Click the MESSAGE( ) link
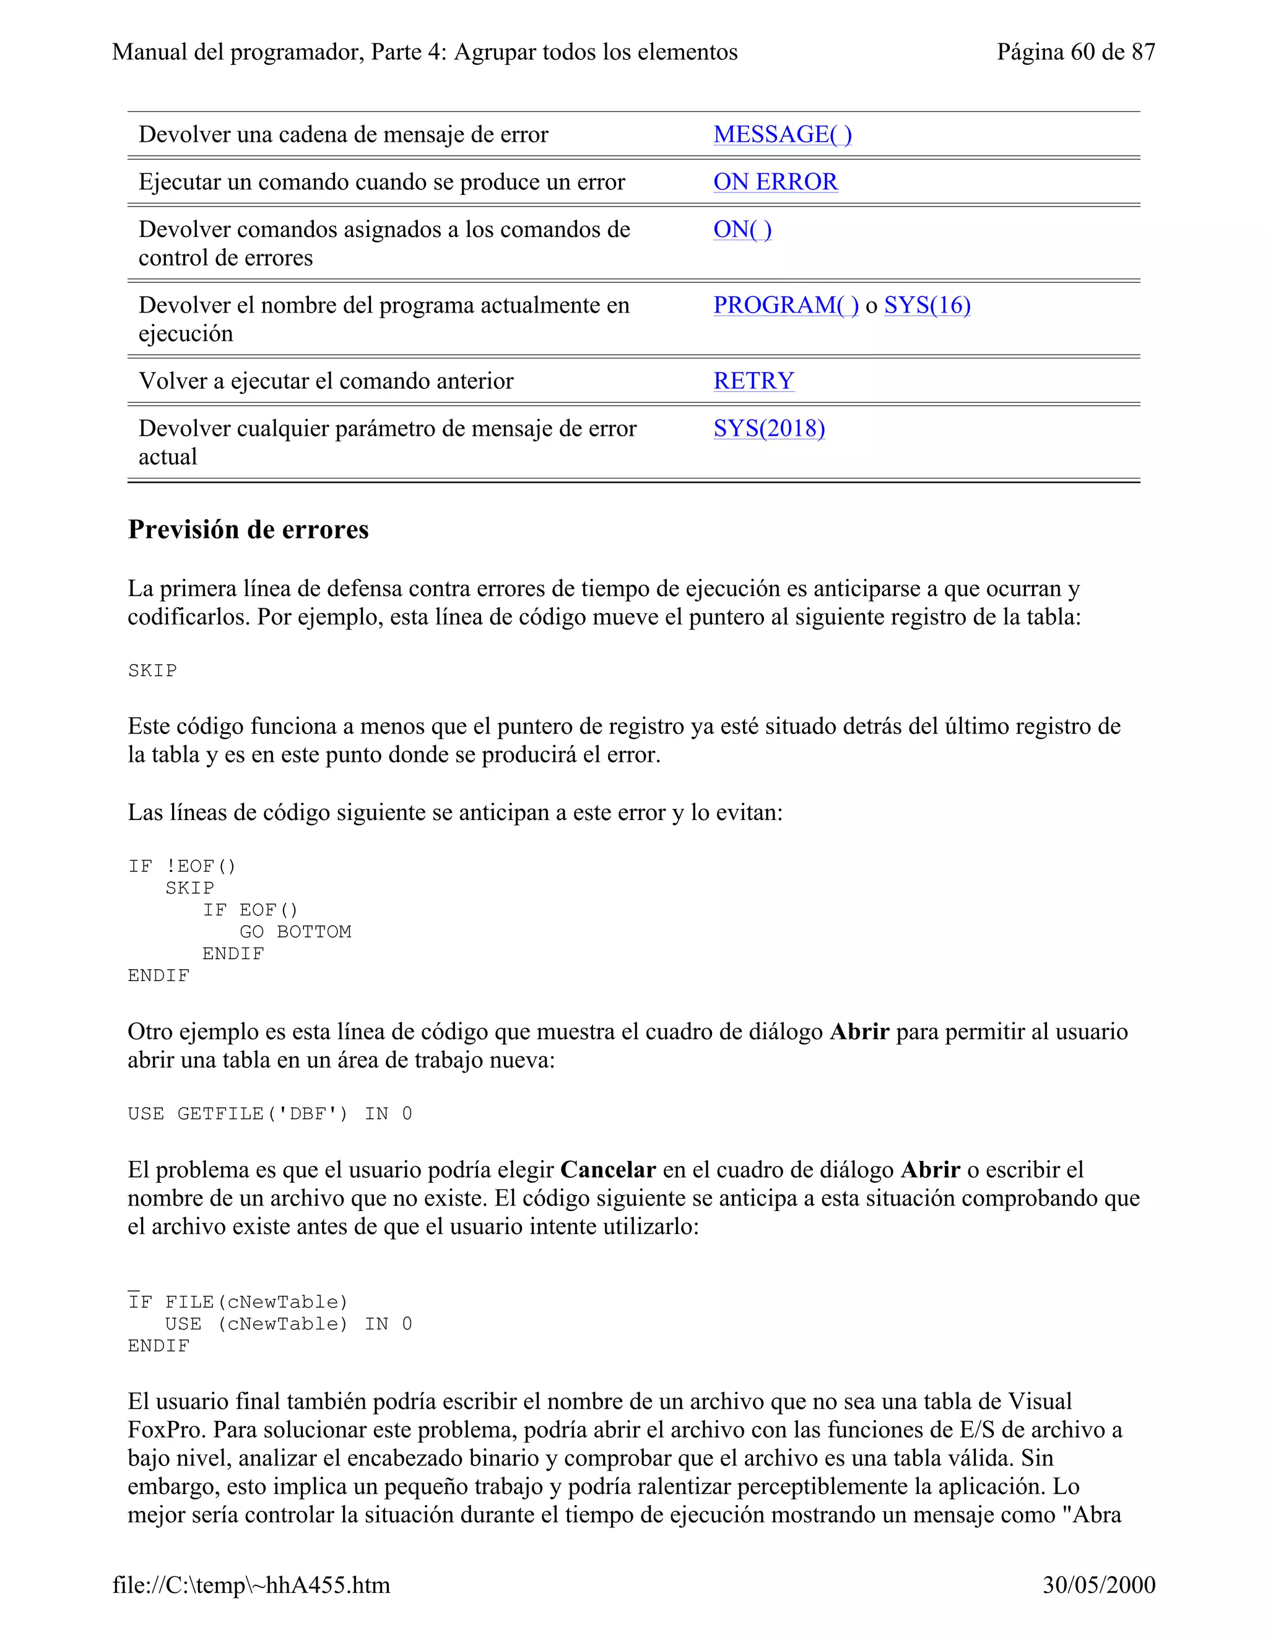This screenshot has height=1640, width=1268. (782, 134)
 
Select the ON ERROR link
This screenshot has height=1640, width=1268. (775, 182)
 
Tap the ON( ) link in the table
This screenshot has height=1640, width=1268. (742, 230)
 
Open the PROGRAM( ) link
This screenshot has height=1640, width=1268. (786, 306)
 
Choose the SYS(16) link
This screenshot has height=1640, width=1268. (927, 306)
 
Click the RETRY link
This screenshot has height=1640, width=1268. (753, 381)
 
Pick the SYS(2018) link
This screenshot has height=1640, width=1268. (768, 429)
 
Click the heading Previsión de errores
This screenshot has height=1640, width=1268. (248, 529)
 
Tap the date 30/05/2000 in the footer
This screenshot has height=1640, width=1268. (1098, 1584)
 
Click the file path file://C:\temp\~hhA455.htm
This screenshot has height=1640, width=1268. (251, 1584)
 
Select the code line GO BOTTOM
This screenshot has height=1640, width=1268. (295, 932)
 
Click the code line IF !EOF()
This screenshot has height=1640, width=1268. (182, 866)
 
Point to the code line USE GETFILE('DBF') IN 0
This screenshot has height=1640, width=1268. (270, 1113)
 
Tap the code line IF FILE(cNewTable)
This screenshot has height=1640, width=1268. (238, 1302)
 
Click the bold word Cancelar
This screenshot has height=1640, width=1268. (608, 1170)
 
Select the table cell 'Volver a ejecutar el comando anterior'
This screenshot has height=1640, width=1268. (326, 381)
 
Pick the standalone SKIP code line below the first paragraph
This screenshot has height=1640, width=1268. (152, 671)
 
